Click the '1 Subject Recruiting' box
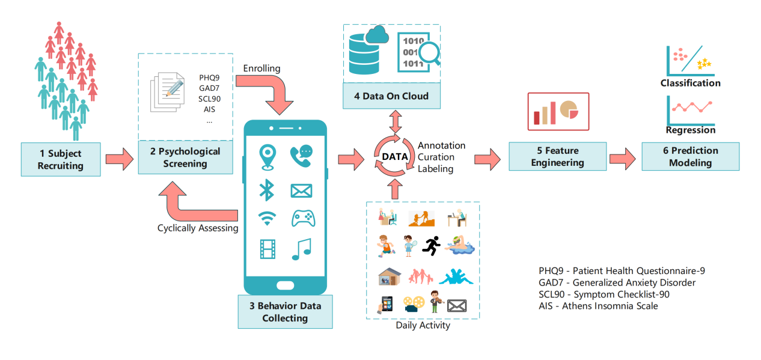[60, 159]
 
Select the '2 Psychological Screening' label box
[185, 157]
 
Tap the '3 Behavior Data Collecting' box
[285, 311]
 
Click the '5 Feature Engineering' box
[557, 156]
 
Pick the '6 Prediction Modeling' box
[690, 156]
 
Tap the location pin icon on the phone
[267, 156]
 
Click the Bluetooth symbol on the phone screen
[266, 189]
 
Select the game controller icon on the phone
[302, 218]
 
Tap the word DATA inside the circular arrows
[395, 157]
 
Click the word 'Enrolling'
[261, 69]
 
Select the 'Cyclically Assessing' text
[198, 228]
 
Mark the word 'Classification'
[690, 83]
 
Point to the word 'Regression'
[691, 130]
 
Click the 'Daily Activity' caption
[423, 326]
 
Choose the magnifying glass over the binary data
[429, 55]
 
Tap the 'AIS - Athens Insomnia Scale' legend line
[598, 306]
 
